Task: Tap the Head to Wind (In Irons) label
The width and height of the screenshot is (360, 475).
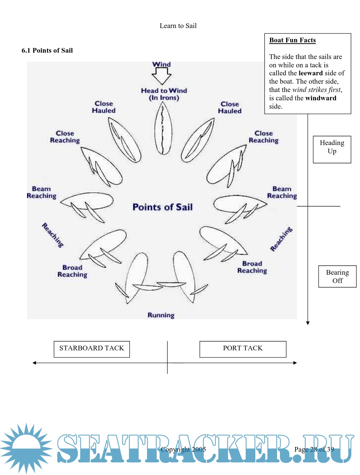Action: [x=164, y=94]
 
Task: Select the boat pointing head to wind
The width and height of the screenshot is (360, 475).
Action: [x=163, y=128]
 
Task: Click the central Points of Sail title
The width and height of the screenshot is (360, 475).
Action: [x=163, y=207]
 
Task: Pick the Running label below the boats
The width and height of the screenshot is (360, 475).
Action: [x=161, y=315]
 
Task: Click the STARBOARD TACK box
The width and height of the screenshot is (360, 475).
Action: [x=92, y=349]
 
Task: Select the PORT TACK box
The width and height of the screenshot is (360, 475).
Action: [x=243, y=349]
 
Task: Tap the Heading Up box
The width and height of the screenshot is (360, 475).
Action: [x=332, y=149]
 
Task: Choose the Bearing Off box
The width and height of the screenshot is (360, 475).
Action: [x=337, y=276]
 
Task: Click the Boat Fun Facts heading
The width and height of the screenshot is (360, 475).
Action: [x=292, y=40]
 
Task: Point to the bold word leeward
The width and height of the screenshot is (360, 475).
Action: [x=311, y=73]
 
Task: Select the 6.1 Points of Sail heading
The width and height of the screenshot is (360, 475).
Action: [x=47, y=50]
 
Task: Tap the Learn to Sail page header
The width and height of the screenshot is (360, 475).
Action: [x=178, y=26]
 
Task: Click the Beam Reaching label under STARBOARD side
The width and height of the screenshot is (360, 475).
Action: [x=42, y=192]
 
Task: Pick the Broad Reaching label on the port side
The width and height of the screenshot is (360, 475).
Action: [x=252, y=267]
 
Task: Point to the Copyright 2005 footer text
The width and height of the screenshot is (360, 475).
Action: [x=183, y=449]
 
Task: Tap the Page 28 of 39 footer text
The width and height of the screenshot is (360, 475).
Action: [x=314, y=449]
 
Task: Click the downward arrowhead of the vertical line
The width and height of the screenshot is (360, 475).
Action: [x=308, y=323]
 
